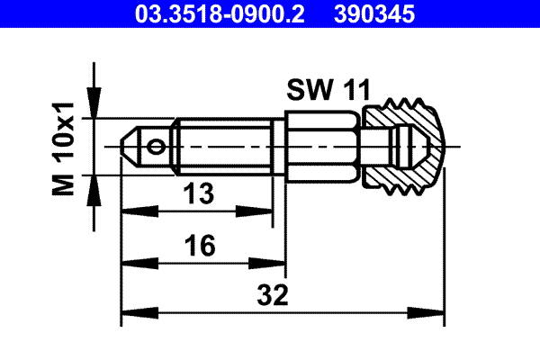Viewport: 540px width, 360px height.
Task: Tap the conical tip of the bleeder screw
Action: [x=131, y=144]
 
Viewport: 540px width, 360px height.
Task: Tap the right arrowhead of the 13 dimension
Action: [x=268, y=211]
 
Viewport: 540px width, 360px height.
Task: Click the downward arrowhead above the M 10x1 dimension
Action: [x=94, y=109]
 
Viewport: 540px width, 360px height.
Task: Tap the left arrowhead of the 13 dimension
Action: [x=128, y=211]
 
